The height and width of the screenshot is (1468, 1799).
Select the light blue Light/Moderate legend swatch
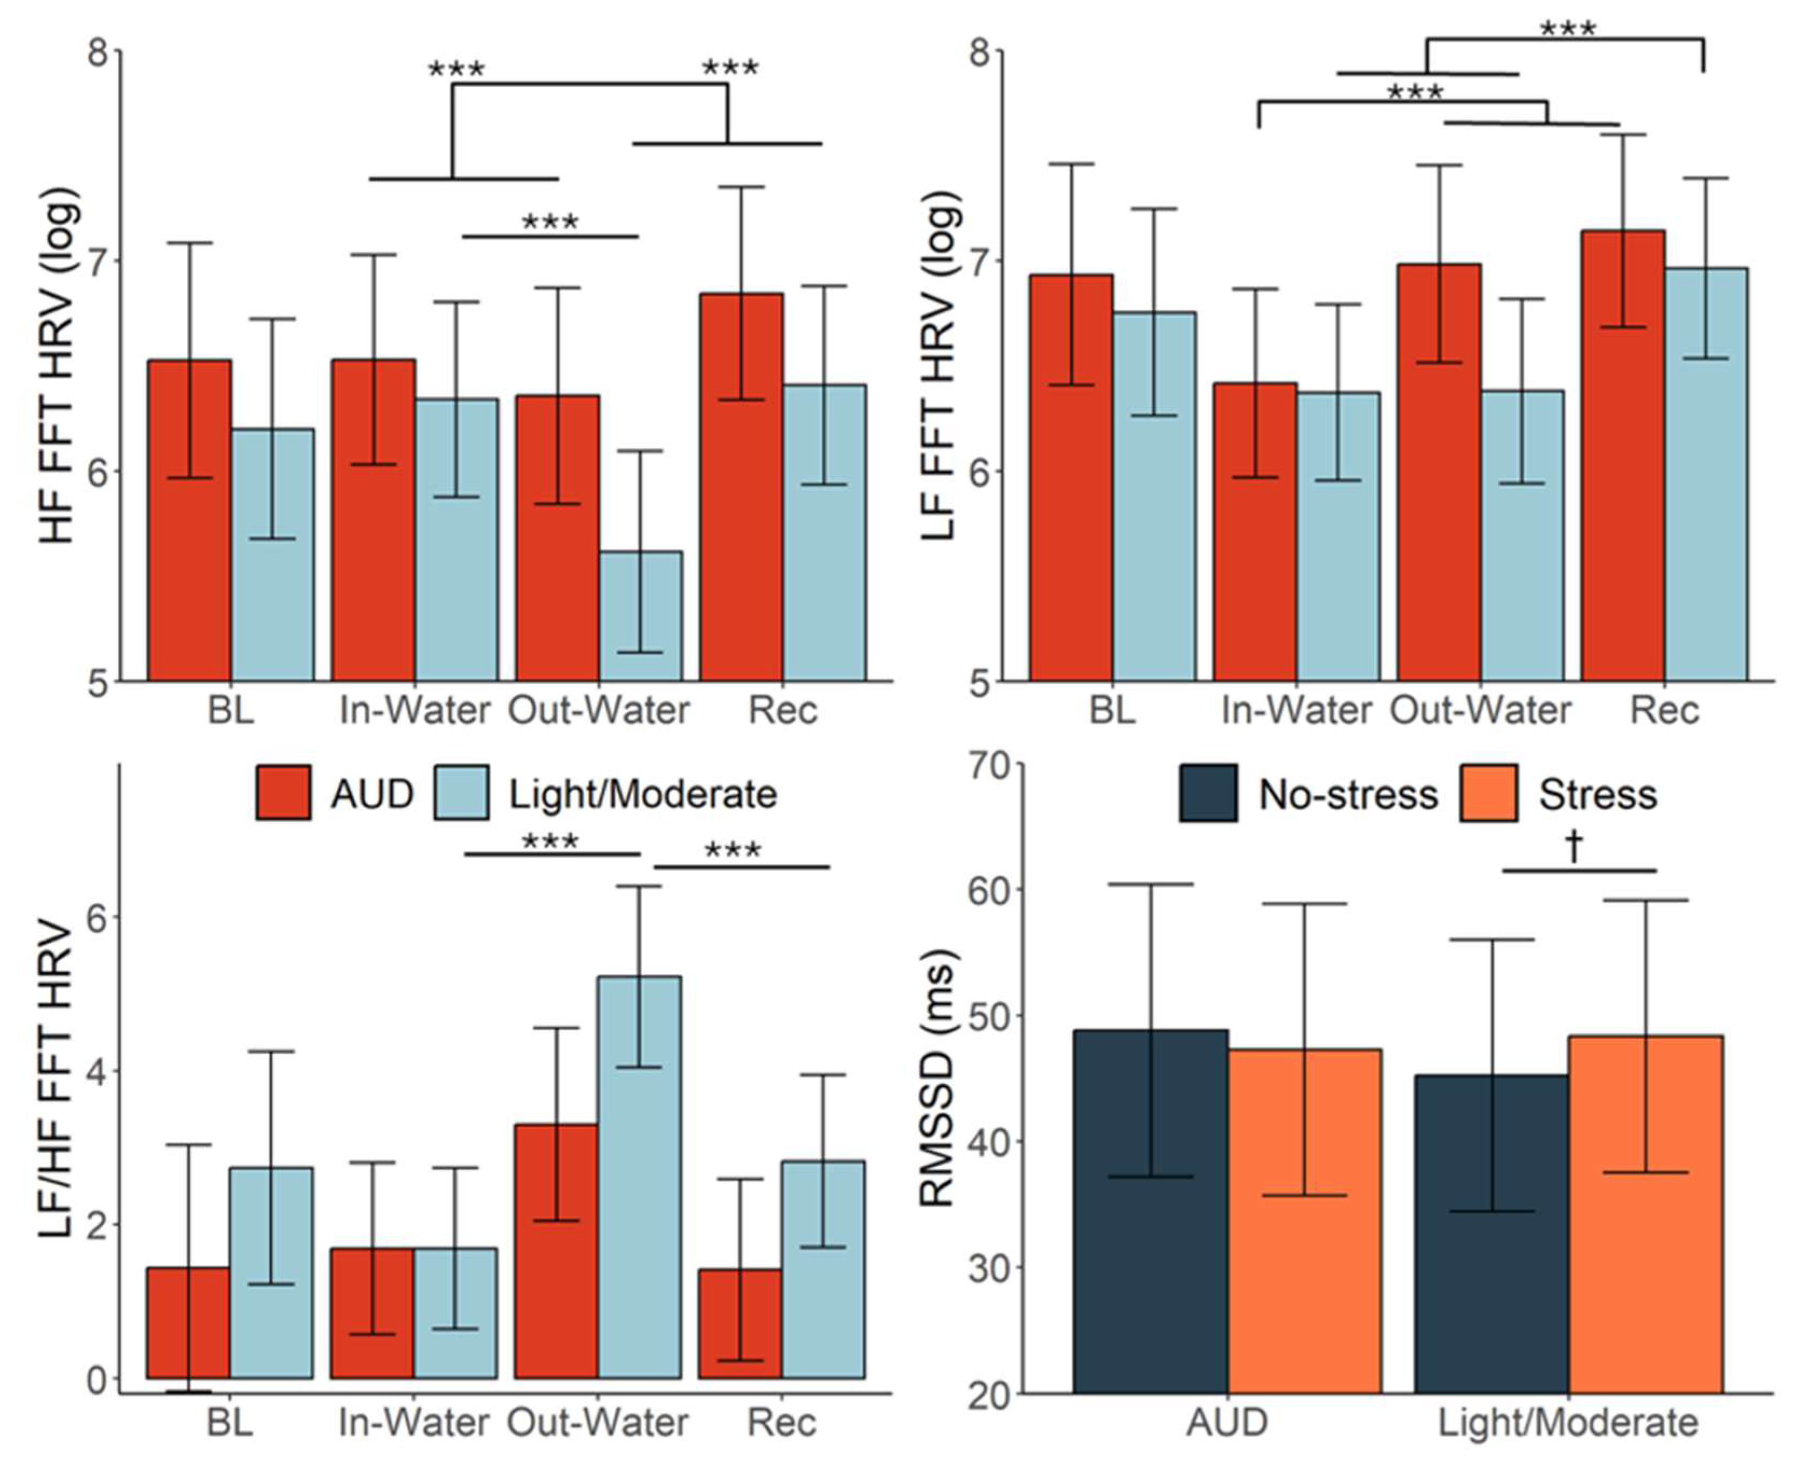click(x=461, y=792)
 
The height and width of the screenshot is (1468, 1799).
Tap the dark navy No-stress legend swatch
click(x=1208, y=792)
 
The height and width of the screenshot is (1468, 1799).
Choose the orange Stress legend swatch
click(x=1487, y=792)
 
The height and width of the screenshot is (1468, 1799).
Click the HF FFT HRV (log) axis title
click(x=58, y=365)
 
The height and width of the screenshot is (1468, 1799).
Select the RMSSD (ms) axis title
click(x=937, y=1078)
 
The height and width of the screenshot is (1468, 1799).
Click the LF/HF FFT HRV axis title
click(x=58, y=1078)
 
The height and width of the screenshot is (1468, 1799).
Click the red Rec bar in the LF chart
click(x=1622, y=457)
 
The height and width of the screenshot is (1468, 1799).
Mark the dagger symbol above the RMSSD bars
click(x=1574, y=846)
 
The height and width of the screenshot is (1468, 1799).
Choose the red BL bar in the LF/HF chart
click(x=188, y=1324)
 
